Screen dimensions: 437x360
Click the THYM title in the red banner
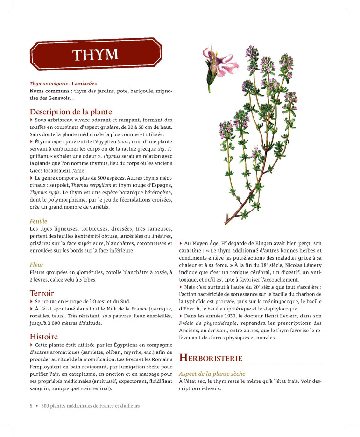pos(95,55)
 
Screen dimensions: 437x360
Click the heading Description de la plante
pos(71,112)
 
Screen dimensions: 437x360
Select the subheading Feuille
pos(38,221)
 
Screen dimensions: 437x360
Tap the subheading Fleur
pos(36,265)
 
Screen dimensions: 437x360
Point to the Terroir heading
pos(42,293)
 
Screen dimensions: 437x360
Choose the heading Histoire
pos(44,336)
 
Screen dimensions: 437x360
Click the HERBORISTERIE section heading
pos(211,358)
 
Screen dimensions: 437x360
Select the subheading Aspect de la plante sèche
pos(212,374)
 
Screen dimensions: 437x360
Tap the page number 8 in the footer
pos(31,406)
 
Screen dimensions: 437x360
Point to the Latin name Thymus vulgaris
pos(49,84)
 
